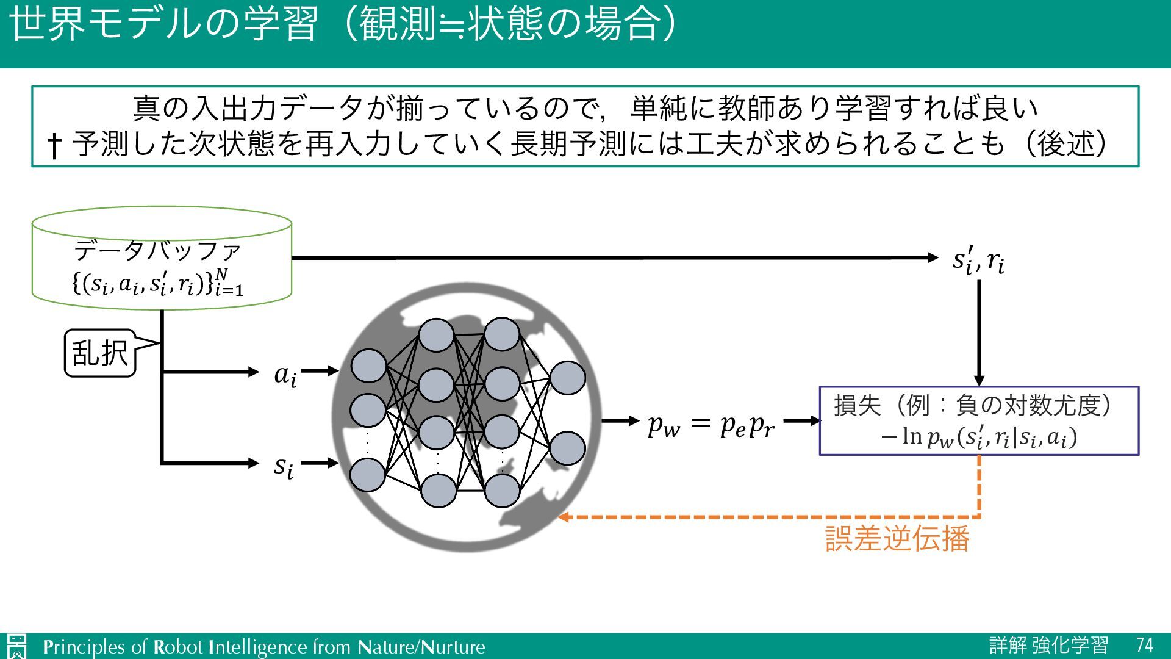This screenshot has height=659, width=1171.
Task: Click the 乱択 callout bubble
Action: point(100,353)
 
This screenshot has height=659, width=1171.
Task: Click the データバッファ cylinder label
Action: point(157,250)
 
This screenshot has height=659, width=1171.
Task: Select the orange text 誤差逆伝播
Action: point(897,539)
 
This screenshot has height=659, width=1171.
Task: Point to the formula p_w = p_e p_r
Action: point(711,423)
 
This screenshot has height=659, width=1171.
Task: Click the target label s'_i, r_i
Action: point(978,261)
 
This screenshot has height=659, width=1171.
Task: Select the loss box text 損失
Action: point(858,405)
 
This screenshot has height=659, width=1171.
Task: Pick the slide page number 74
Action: point(1145,646)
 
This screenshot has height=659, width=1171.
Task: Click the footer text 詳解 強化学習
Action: point(1048,646)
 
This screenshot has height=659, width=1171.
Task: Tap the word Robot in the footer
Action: point(177,647)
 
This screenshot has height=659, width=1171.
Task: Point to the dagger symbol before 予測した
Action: point(54,145)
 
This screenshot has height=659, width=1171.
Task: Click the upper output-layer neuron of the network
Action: point(567,378)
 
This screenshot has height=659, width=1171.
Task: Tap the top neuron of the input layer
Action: point(368,366)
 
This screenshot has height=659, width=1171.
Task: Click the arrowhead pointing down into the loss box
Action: point(979,380)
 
